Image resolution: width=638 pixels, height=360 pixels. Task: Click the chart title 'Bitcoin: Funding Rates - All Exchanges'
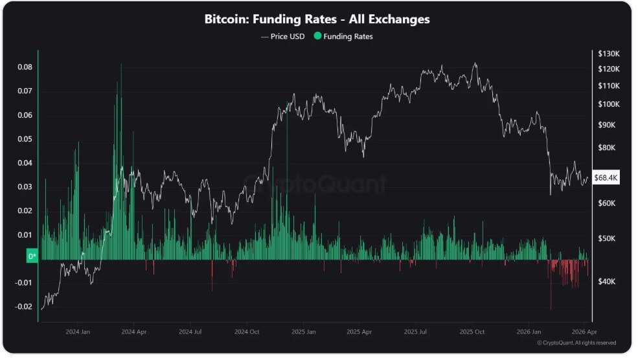[317, 19]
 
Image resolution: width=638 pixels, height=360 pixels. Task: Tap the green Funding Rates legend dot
[317, 36]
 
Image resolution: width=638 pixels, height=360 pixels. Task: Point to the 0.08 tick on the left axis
[24, 67]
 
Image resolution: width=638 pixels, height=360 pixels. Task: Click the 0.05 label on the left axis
[24, 139]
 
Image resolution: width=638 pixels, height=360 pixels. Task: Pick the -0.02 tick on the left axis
[23, 307]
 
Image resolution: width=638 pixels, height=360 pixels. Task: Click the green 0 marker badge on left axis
[32, 257]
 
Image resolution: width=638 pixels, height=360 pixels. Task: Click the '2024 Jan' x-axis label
[77, 332]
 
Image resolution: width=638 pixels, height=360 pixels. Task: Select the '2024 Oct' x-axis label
[246, 332]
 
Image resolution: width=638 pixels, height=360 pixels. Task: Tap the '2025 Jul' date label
[415, 332]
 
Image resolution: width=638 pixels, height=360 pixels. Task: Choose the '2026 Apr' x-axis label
[584, 332]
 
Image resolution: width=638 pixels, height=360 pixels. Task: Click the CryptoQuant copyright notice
[576, 343]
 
